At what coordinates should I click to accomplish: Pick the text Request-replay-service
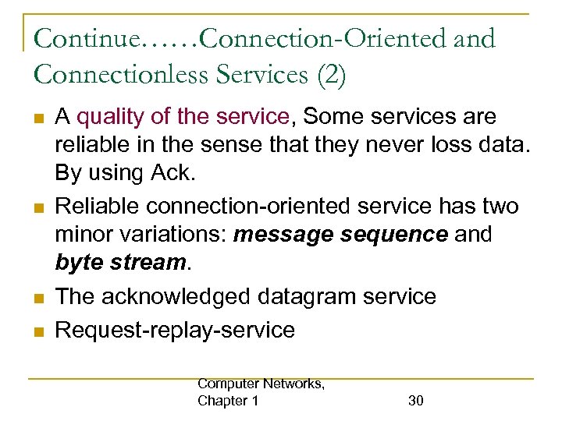[175, 330]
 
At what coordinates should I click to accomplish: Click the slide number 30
[416, 401]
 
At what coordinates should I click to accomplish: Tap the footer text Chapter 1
[228, 401]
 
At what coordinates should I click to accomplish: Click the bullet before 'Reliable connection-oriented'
[37, 207]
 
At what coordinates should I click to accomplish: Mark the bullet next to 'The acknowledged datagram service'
[37, 298]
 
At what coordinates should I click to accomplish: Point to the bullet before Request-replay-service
[37, 331]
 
